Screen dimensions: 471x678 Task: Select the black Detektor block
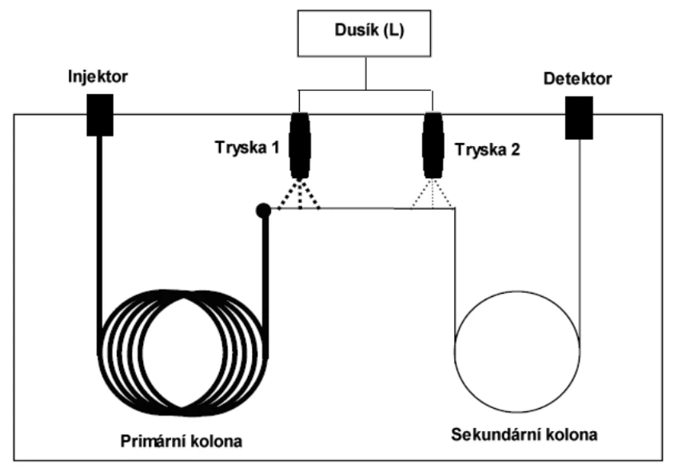579,117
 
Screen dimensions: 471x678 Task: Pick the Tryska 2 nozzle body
433,144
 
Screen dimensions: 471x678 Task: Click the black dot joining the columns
261,211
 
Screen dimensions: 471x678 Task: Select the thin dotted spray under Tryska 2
433,195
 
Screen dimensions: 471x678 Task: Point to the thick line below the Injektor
98,224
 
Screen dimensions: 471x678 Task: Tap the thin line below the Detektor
579,224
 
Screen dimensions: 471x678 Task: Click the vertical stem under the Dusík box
365,77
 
